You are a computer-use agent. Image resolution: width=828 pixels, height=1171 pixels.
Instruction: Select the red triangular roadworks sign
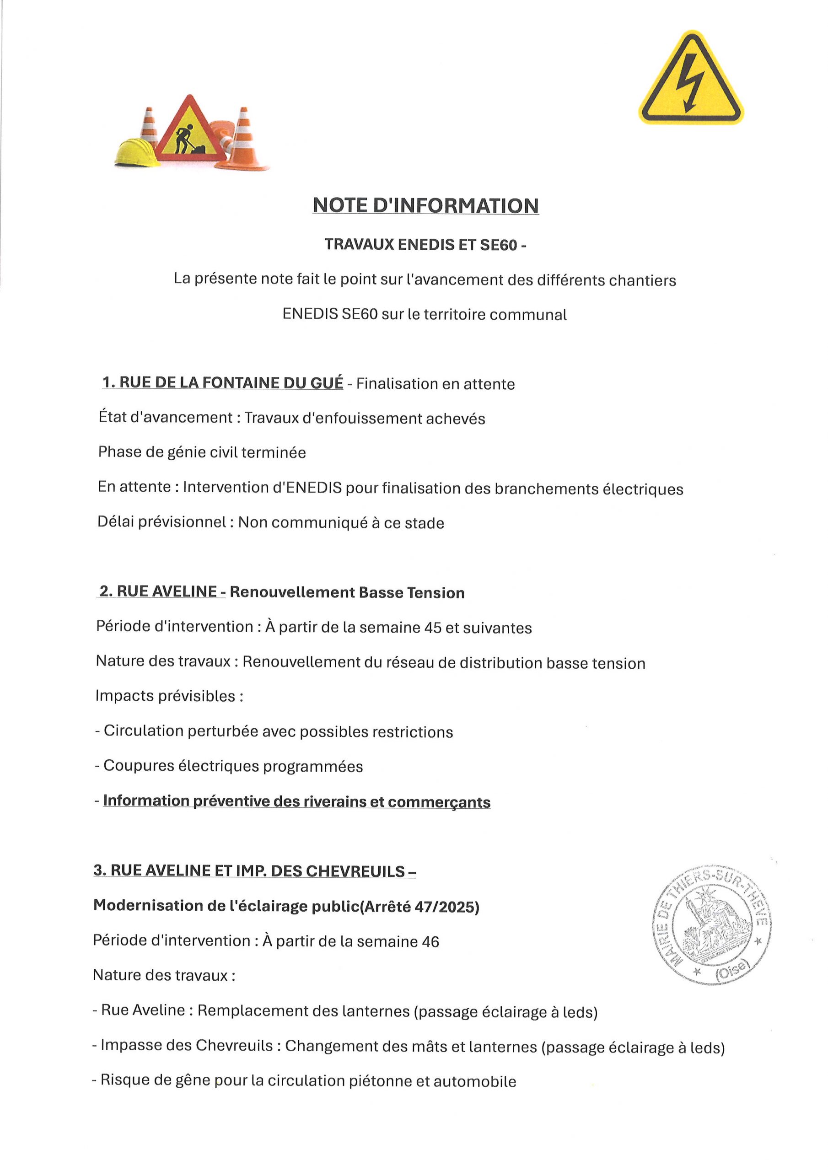click(x=190, y=131)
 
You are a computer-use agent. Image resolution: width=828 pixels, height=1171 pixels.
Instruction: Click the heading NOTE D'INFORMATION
click(x=425, y=205)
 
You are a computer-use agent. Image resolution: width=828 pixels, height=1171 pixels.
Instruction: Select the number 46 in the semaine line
click(x=430, y=941)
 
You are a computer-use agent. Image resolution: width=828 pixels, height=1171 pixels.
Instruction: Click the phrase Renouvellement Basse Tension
click(x=347, y=593)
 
